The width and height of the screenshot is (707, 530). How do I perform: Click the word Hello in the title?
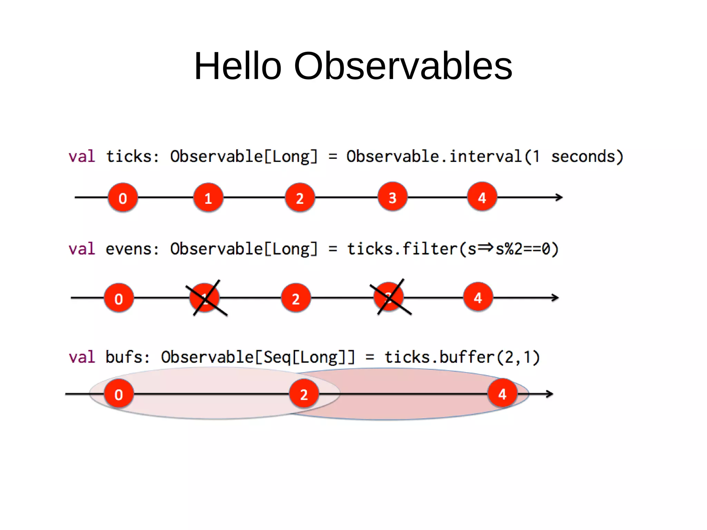pyautogui.click(x=238, y=66)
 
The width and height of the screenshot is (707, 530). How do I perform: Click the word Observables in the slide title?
pyautogui.click(x=403, y=66)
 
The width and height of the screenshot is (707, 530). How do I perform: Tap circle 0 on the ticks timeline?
pyautogui.click(x=123, y=197)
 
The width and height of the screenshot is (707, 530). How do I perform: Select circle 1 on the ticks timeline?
pyautogui.click(x=208, y=197)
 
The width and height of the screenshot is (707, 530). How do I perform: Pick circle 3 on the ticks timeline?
pyautogui.click(x=393, y=197)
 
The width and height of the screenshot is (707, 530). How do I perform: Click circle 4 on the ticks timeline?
pyautogui.click(x=482, y=197)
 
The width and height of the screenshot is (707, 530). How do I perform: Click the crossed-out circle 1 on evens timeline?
pyautogui.click(x=205, y=298)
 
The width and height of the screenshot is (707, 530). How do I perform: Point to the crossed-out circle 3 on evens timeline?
pyautogui.click(x=389, y=297)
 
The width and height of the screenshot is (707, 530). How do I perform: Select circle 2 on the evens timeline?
pyautogui.click(x=296, y=298)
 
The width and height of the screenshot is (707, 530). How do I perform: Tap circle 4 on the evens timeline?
pyautogui.click(x=478, y=297)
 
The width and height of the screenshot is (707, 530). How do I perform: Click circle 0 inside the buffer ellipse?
pyautogui.click(x=119, y=394)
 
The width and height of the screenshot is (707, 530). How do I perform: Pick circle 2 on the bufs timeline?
pyautogui.click(x=304, y=394)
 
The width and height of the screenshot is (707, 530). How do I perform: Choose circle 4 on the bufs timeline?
pyautogui.click(x=502, y=394)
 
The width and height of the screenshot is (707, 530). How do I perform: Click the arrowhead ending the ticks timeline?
pyautogui.click(x=559, y=197)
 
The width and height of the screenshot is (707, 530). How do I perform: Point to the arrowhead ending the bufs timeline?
pyautogui.click(x=550, y=394)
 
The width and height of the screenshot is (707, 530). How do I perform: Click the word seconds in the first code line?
pyautogui.click(x=583, y=156)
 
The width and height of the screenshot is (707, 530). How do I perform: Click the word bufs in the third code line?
pyautogui.click(x=123, y=357)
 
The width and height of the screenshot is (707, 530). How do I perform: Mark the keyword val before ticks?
pyautogui.click(x=82, y=156)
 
